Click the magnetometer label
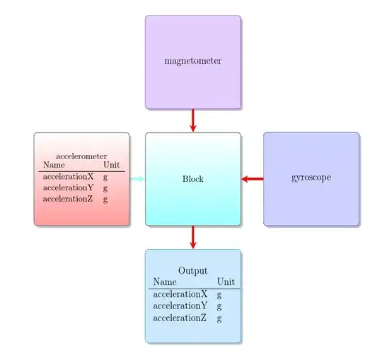192,61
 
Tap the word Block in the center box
192,179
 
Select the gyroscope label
311,178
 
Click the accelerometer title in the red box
81,156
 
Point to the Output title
192,271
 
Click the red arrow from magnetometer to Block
192,120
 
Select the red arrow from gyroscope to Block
252,179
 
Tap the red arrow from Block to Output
192,237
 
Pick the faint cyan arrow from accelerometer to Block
137,179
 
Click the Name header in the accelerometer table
54,166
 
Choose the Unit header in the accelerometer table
111,166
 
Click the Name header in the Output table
165,281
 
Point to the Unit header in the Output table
226,281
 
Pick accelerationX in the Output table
180,294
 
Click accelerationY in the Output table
180,306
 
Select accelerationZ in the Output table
180,318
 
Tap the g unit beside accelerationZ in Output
219,319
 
